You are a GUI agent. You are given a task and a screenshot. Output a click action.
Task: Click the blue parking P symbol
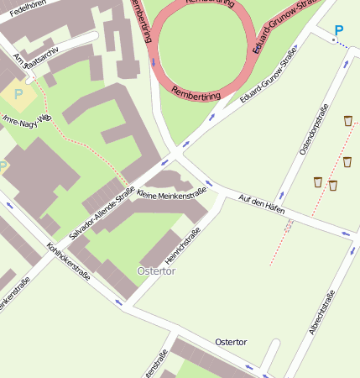[x=338, y=31]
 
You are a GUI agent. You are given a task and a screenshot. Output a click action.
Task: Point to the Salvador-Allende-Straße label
[x=102, y=213]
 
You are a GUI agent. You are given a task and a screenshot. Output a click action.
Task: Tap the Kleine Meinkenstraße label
[x=171, y=194]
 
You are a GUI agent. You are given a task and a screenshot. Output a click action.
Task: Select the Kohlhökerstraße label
[x=69, y=260]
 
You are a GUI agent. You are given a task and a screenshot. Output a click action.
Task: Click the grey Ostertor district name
[x=156, y=271]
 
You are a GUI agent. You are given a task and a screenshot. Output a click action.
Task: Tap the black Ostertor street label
[x=231, y=342]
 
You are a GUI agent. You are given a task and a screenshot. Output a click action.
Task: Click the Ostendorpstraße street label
[x=311, y=134]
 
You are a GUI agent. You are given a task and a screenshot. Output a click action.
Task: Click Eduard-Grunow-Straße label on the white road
[x=269, y=79]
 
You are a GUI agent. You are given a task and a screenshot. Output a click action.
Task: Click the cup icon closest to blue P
[x=348, y=121]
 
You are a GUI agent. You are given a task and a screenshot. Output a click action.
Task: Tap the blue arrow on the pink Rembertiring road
[x=153, y=61]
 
